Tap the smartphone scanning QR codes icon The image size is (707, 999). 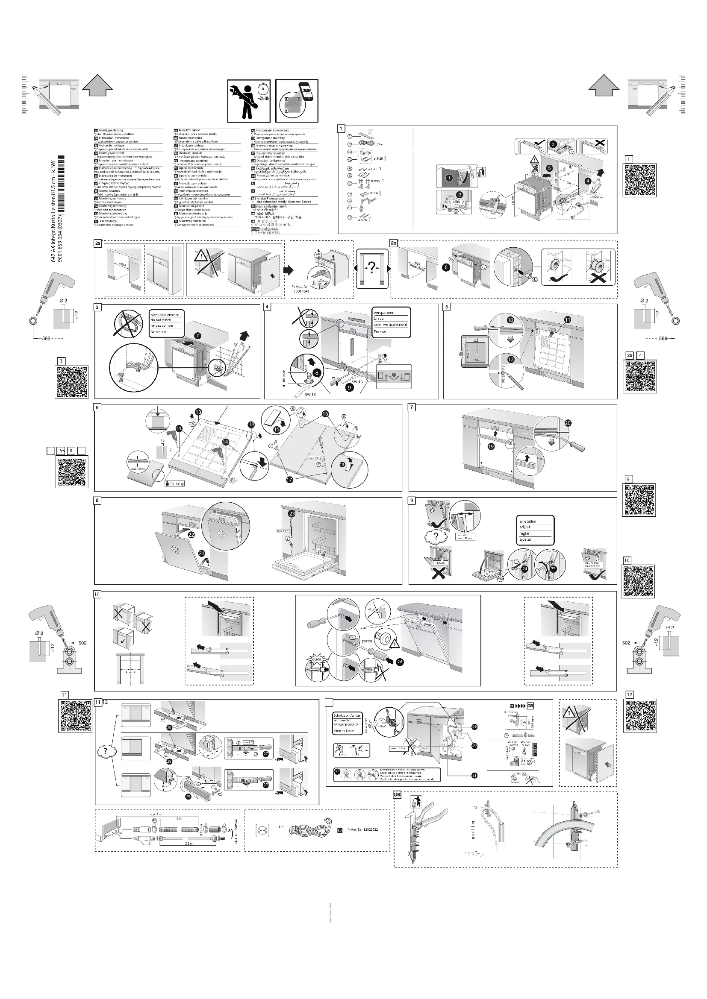point(297,101)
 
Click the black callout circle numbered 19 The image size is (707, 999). point(491,446)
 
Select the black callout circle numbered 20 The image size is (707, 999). point(568,423)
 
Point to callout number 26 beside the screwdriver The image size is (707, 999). point(400,662)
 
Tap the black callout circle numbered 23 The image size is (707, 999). point(292,514)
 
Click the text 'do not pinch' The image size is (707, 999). point(161,320)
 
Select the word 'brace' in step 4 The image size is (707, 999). point(379,319)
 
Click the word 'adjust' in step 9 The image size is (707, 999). point(524,527)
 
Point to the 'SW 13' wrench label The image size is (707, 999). point(310,394)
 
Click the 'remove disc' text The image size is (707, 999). point(345,721)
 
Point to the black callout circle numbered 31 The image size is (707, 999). point(474,775)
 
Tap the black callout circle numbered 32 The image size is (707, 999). point(337,771)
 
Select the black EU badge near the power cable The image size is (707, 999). point(340,830)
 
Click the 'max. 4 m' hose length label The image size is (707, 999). point(156,814)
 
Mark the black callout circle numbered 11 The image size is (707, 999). point(568,320)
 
